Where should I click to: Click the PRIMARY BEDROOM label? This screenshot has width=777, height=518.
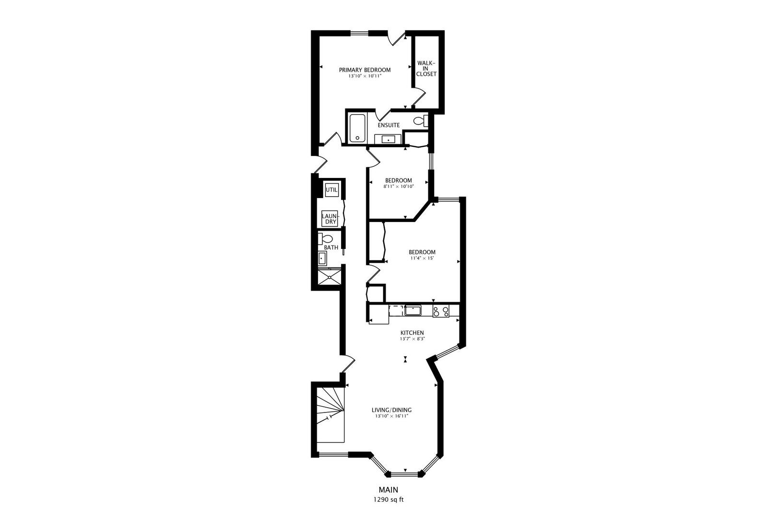coord(365,70)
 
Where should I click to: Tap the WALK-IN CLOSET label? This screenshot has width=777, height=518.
coord(426,69)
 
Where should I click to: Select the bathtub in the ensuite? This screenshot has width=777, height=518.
coord(357,128)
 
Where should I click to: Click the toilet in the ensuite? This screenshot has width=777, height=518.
coord(421,121)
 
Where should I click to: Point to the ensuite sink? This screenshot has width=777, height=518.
coord(388,139)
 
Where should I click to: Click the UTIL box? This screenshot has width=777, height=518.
coord(332,190)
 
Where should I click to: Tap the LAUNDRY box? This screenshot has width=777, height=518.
coord(330,219)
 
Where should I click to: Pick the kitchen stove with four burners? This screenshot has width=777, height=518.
coord(441,311)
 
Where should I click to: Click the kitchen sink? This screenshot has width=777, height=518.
coord(412,310)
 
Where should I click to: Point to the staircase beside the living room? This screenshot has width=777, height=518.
coord(330,415)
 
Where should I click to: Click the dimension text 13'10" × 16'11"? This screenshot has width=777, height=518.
coord(392,416)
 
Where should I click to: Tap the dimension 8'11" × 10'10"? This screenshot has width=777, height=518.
coord(398,186)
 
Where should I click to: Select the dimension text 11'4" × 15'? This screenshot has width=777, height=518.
coord(422,258)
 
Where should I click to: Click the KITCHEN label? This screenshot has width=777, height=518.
coord(412,332)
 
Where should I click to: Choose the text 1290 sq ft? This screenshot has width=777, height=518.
coord(388,499)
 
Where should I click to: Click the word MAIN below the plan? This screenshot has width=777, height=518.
coord(388,490)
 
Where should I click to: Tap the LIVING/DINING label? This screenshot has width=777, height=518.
coord(392,410)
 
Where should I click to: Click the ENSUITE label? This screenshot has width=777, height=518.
coord(388,125)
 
